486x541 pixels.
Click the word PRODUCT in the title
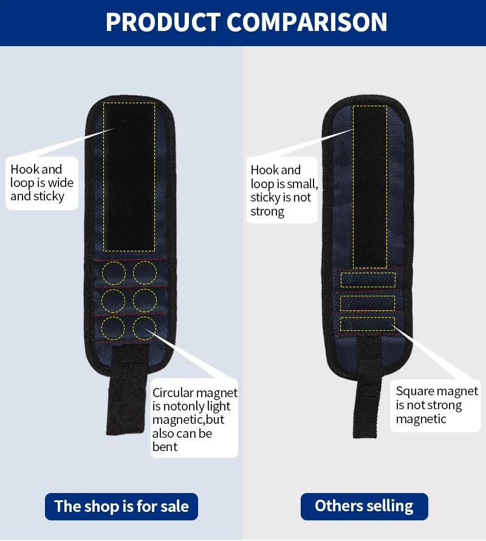[163, 22]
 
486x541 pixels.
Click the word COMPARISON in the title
[307, 22]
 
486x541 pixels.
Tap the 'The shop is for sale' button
[122, 506]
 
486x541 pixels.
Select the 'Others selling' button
[364, 506]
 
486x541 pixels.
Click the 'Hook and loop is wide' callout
[42, 183]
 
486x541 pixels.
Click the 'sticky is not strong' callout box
[283, 191]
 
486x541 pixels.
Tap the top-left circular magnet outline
[113, 273]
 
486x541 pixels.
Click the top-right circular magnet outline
[145, 273]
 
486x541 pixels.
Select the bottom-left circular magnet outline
[113, 328]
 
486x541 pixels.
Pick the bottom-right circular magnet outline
[145, 328]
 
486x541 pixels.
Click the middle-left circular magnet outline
[113, 300]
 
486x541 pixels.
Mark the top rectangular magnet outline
[368, 280]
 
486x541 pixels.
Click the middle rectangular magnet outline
[368, 302]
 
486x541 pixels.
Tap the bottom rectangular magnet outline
[368, 324]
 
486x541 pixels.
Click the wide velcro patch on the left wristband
[129, 176]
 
